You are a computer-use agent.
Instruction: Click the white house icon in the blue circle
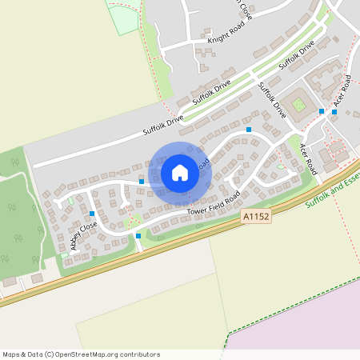coord(180,173)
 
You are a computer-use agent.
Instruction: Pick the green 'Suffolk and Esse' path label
coord(332,194)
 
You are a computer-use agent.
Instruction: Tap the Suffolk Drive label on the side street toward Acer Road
coord(273,100)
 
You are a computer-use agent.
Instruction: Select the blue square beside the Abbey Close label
coord(93,214)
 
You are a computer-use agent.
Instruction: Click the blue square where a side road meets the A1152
coord(139,235)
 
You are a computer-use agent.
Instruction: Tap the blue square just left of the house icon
coord(142,182)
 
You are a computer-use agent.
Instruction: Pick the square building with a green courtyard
coord(299,105)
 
